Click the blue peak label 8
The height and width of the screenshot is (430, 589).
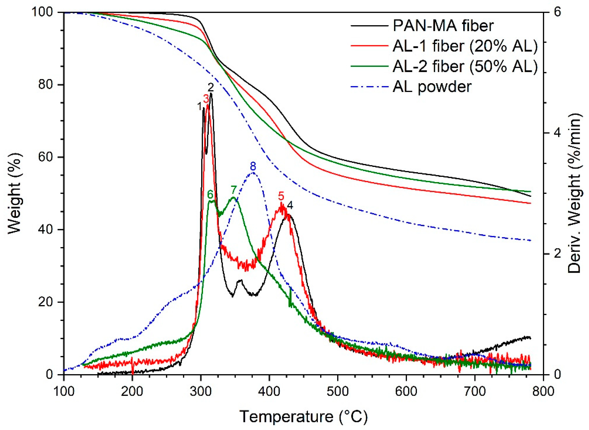pos(253,166)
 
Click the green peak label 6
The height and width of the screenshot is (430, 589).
pos(210,194)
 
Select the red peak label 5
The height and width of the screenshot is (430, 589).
pos(281,196)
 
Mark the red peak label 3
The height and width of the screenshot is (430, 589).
pos(206,99)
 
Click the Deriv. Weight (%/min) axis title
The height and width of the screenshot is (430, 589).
pos(574,193)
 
